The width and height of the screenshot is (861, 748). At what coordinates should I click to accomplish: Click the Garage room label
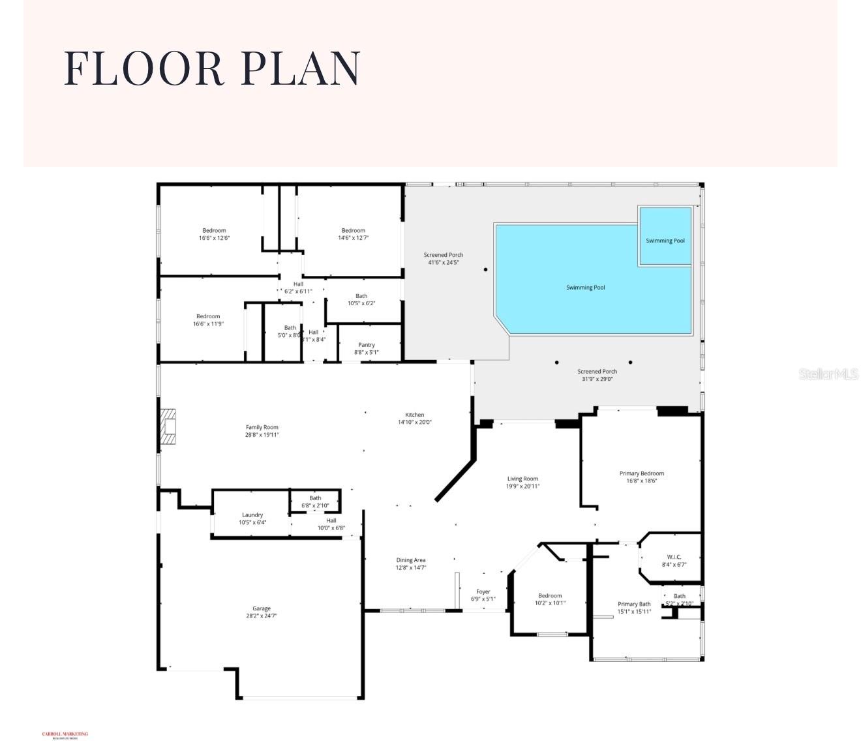pos(262,608)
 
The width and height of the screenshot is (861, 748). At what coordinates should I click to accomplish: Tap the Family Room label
pos(262,427)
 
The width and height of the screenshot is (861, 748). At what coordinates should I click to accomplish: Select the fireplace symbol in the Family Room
pos(169,426)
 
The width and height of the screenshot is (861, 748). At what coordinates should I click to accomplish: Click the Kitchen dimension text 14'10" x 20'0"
pos(415,422)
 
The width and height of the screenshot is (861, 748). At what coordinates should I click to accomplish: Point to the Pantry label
pos(367,345)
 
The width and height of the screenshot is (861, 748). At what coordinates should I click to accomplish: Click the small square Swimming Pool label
pos(665,241)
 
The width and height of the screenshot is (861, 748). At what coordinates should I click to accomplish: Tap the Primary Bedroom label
pos(641,473)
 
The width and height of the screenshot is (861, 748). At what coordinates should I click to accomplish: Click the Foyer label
pos(483,591)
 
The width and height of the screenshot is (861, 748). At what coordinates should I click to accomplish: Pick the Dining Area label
pos(411,560)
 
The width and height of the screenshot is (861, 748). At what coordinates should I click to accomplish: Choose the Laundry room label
pos(252,515)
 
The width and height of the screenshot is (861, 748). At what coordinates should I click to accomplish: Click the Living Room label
pos(522,479)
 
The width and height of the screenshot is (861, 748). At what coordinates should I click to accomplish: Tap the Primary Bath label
pos(634,604)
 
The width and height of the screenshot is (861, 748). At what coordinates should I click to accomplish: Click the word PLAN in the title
pos(301,68)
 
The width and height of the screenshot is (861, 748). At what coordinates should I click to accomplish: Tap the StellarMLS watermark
pos(828,374)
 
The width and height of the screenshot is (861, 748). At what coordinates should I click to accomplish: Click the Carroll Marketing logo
pos(65,735)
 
